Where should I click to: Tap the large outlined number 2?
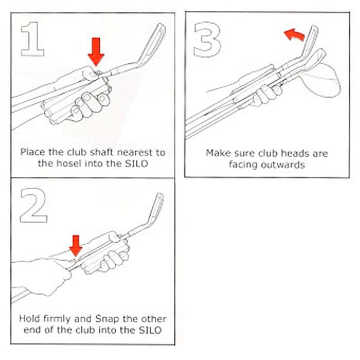(x=33, y=205)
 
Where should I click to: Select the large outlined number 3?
(x=207, y=39)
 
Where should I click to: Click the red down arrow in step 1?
(x=96, y=52)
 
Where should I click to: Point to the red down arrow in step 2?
(x=76, y=246)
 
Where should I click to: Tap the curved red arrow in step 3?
(x=295, y=34)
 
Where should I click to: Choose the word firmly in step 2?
(x=57, y=319)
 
